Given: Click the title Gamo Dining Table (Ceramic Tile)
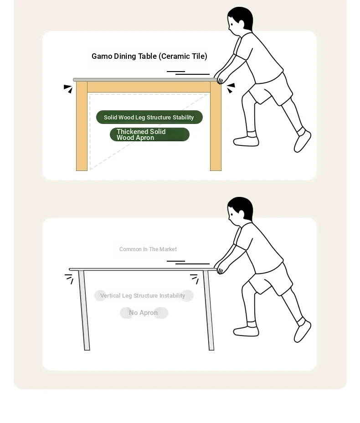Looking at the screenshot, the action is click(x=149, y=56).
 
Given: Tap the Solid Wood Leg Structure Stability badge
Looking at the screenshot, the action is click(x=149, y=117).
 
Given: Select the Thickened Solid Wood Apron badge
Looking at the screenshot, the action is click(x=149, y=134).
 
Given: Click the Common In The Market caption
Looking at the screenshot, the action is click(x=148, y=249).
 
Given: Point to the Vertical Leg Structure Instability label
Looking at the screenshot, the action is click(x=143, y=296).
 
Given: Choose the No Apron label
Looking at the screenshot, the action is click(x=144, y=313).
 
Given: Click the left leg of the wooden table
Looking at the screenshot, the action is click(x=82, y=126).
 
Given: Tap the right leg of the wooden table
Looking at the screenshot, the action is click(x=216, y=126).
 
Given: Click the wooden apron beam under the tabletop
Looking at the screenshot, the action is click(x=149, y=87).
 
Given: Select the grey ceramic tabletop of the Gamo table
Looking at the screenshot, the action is click(x=145, y=80).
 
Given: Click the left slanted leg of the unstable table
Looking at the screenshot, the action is click(x=84, y=310).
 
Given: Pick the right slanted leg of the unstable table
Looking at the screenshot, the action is click(x=209, y=310).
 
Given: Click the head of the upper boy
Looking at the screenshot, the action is click(x=240, y=21).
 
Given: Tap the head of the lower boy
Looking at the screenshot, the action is click(x=240, y=211).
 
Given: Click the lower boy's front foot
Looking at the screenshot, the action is click(x=246, y=330).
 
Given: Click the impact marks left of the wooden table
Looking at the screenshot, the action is click(x=68, y=89).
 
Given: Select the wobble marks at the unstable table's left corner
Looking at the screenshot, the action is click(x=69, y=279).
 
